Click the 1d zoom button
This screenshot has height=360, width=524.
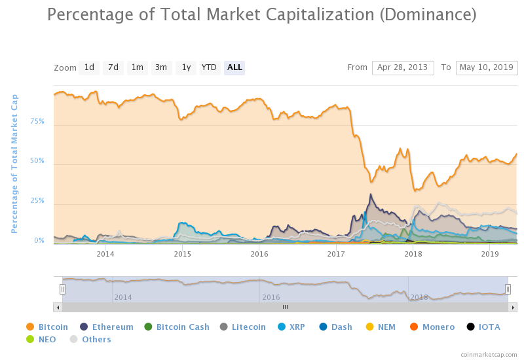pos(89,67)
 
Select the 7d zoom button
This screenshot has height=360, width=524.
pos(113,67)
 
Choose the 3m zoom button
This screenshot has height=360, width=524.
pos(161,67)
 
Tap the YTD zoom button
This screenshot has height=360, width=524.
pos(209,67)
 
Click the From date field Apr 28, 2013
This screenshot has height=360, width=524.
pos(403,67)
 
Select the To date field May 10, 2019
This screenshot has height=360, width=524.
pos(487,67)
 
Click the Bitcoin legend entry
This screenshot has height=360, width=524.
pos(47,327)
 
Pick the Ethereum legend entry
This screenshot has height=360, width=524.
pos(107,327)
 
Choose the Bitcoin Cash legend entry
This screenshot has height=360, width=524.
pos(177,327)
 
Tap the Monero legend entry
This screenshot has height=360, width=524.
pos(432,327)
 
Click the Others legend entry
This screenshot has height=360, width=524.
pos(90,339)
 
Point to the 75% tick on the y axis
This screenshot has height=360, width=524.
pos(37,121)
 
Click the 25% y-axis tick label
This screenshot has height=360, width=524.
pos(37,201)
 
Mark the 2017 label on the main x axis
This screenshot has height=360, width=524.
pos(336,254)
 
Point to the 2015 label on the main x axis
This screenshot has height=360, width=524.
pos(182,254)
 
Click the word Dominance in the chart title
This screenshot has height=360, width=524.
pos(426,14)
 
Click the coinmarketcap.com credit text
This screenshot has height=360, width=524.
pos(489,353)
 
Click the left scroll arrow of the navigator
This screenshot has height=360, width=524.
pos(58,306)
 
